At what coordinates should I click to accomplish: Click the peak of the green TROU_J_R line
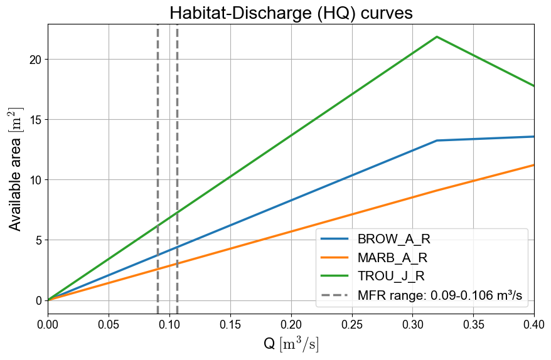(x=437, y=36)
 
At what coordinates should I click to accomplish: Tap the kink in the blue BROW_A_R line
(x=437, y=140)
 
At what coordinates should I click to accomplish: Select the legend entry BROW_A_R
(x=393, y=239)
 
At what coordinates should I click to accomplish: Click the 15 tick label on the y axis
(x=36, y=120)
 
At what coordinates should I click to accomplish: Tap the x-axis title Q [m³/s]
(x=291, y=344)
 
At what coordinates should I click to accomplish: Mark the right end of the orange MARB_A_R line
(x=533, y=165)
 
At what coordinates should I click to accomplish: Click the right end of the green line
(x=533, y=86)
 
